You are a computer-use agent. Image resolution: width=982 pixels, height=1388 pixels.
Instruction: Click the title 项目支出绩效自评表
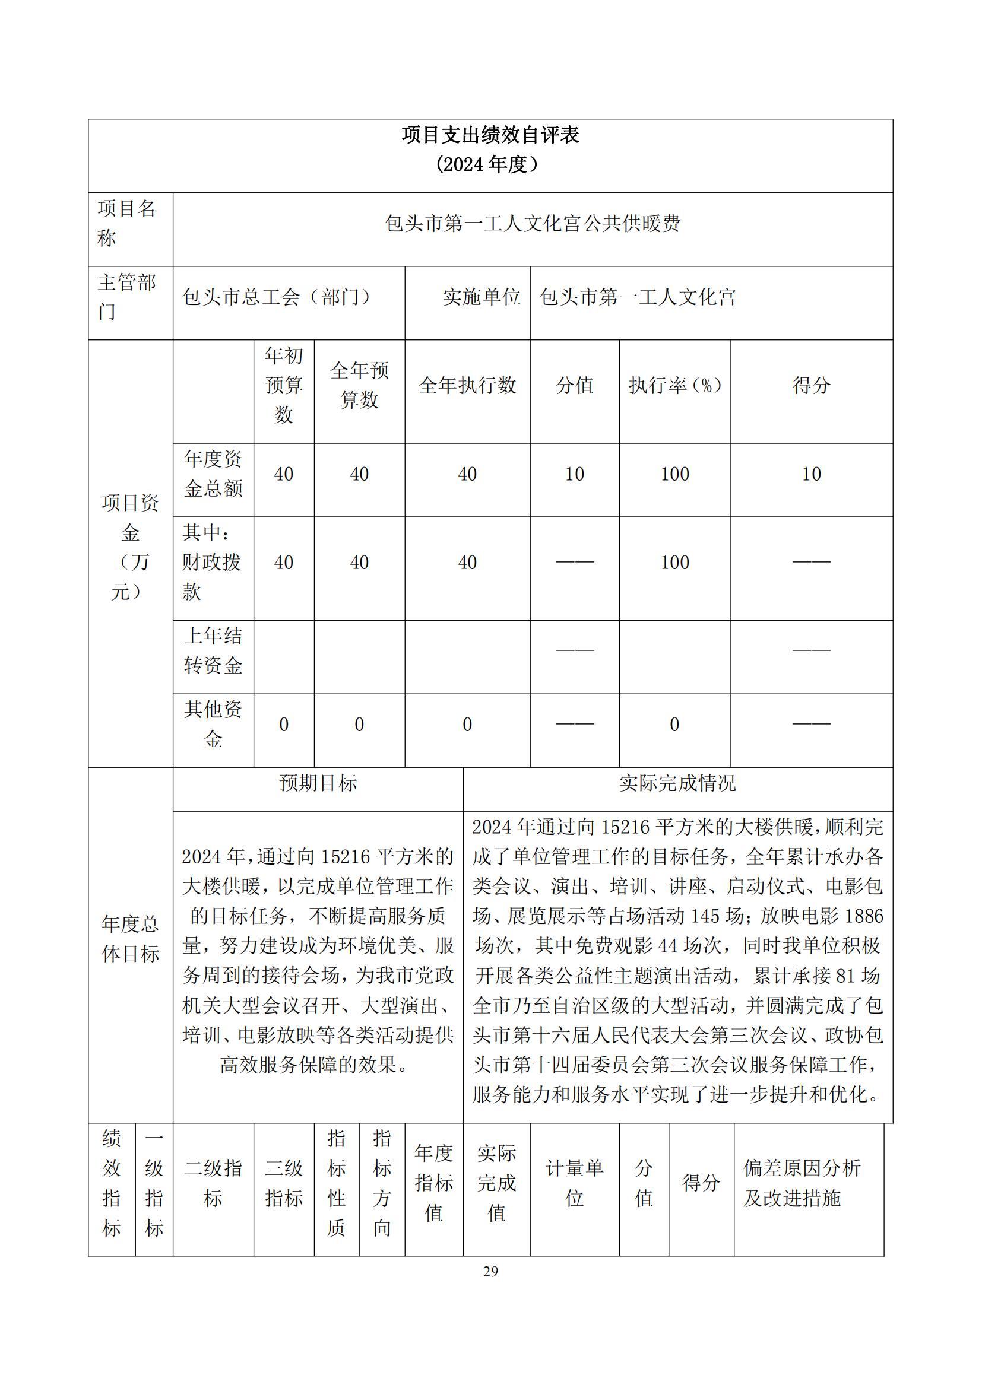pyautogui.click(x=490, y=135)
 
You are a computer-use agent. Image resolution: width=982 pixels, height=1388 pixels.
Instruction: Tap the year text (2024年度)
pyautogui.click(x=490, y=164)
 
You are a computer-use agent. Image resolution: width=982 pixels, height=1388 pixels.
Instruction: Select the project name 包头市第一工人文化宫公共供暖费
pyautogui.click(x=532, y=224)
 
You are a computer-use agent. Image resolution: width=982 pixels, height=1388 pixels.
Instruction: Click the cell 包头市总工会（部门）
pyautogui.click(x=277, y=297)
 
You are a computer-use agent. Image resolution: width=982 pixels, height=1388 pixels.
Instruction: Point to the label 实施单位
pyautogui.click(x=482, y=297)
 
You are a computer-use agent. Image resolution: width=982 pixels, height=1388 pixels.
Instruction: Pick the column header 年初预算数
pyautogui.click(x=284, y=385)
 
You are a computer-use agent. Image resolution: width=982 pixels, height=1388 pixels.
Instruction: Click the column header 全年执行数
pyautogui.click(x=467, y=385)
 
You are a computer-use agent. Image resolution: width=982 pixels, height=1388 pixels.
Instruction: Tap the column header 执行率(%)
pyautogui.click(x=675, y=385)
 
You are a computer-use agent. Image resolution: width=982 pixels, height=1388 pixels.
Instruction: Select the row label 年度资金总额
pyautogui.click(x=213, y=474)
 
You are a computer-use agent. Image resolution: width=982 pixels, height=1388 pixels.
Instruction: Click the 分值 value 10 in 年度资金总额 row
pyautogui.click(x=575, y=475)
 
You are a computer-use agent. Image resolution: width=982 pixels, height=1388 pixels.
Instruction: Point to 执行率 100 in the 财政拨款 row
pyautogui.click(x=675, y=563)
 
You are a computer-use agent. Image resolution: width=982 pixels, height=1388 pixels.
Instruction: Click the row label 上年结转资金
pyautogui.click(x=213, y=650)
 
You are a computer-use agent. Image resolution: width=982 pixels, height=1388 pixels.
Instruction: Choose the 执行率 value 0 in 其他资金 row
pyautogui.click(x=675, y=724)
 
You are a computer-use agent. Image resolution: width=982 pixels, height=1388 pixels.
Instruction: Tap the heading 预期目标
pyautogui.click(x=318, y=783)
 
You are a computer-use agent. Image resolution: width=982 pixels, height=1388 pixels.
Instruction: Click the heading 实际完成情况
pyautogui.click(x=677, y=783)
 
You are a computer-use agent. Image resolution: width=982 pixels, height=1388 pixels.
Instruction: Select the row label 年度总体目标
pyautogui.click(x=130, y=938)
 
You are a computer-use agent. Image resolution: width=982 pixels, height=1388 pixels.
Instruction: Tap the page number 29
pyautogui.click(x=490, y=1272)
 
